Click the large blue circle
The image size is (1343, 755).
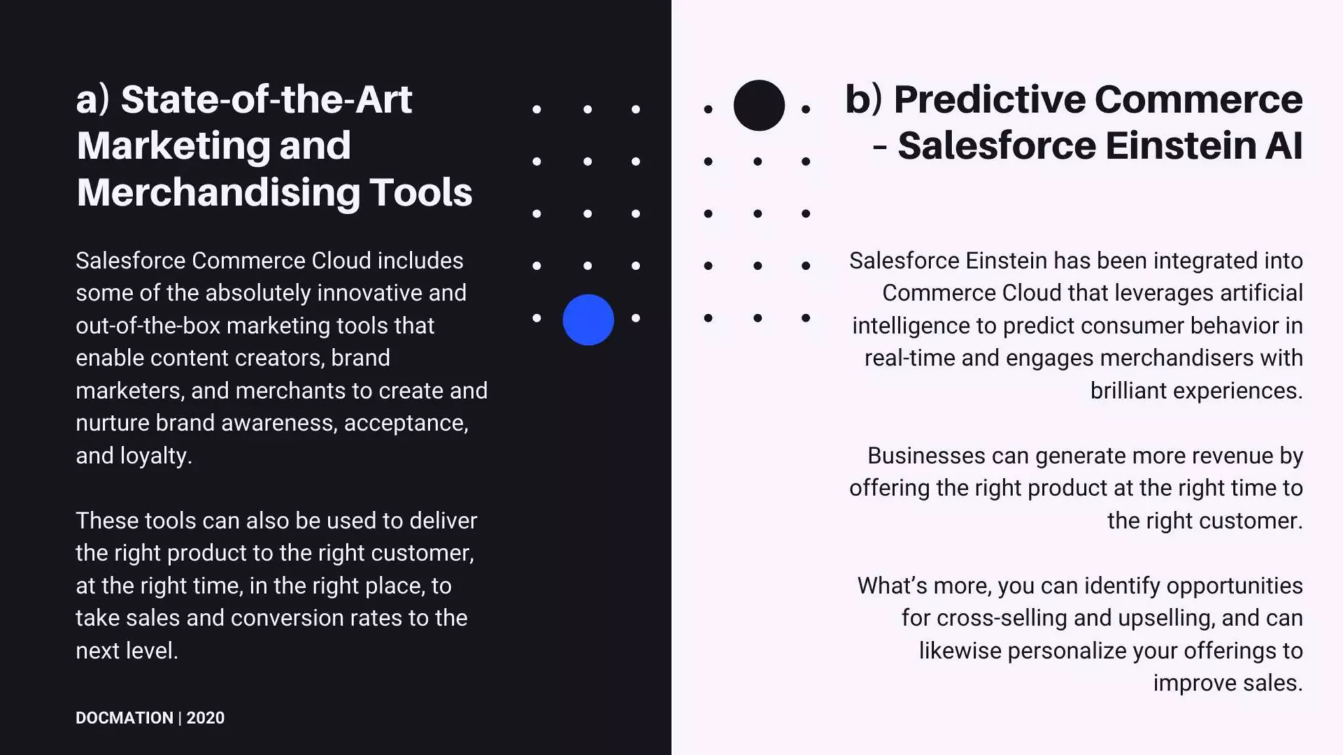click(x=588, y=320)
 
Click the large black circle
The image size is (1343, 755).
click(x=759, y=106)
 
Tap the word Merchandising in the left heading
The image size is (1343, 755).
click(x=218, y=193)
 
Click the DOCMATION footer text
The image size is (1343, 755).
click(x=125, y=718)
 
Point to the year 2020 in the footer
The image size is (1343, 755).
click(x=205, y=718)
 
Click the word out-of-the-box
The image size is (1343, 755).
click(x=148, y=326)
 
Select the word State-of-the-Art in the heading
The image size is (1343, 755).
click(x=266, y=100)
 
